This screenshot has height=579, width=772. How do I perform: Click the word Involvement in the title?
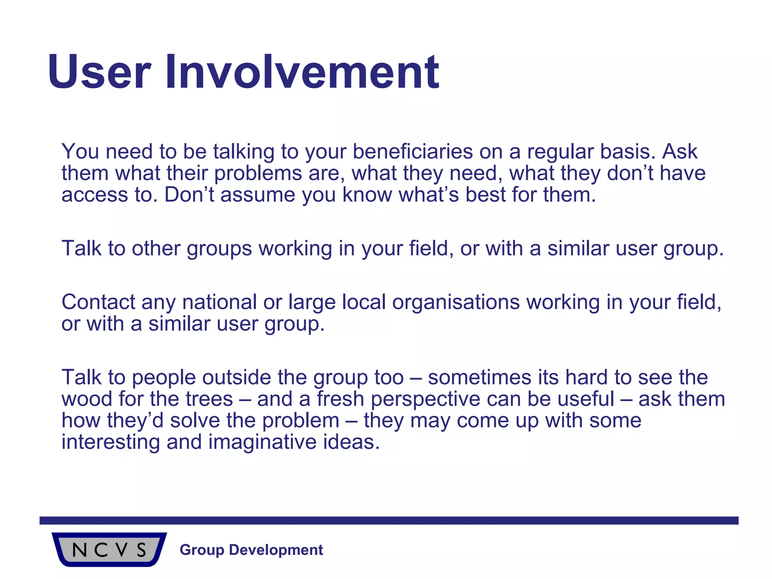coord(302,72)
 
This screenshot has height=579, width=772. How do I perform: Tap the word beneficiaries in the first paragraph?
coord(412,152)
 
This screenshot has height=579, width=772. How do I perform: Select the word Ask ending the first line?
coord(680,152)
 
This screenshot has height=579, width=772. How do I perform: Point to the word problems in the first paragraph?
coord(258,173)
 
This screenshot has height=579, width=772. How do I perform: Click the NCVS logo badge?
coord(109,550)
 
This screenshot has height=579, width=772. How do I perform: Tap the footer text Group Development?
coord(251,550)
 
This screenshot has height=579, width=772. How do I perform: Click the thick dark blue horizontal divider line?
coord(389,521)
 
